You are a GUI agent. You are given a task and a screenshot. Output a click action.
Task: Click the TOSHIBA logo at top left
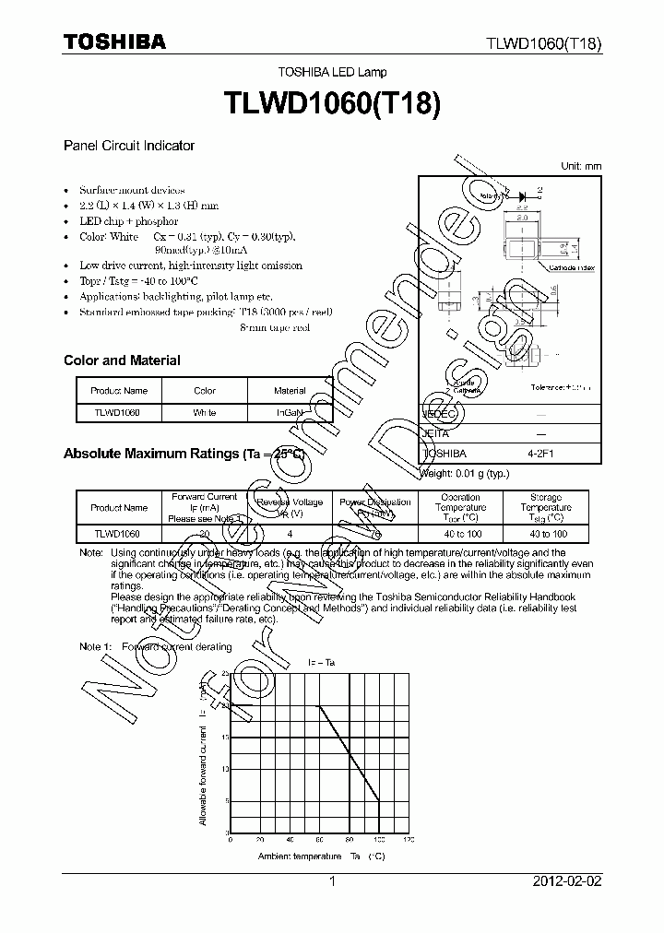[114, 41]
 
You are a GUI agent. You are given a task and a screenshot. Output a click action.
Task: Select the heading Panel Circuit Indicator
[128, 146]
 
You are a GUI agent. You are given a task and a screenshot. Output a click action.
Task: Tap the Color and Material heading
[122, 360]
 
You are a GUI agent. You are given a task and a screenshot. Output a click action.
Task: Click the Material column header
[290, 391]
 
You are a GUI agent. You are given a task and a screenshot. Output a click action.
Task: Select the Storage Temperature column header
[545, 507]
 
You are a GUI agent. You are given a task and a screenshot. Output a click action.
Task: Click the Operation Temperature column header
[460, 507]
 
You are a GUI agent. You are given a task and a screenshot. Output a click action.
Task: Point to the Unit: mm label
[581, 166]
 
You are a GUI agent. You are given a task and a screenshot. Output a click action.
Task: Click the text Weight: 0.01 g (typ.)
[466, 474]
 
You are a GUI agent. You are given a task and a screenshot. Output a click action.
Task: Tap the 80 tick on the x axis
[350, 840]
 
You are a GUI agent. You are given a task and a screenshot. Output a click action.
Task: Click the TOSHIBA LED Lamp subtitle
[333, 72]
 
